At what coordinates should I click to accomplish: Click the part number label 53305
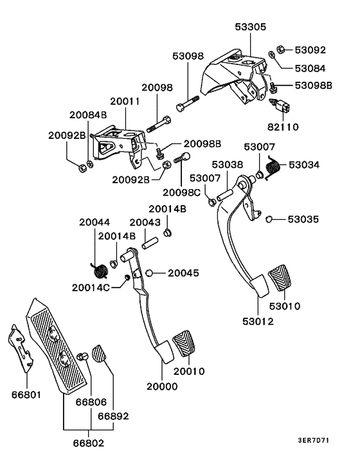(x=249, y=27)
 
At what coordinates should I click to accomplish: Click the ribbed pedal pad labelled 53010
(x=280, y=276)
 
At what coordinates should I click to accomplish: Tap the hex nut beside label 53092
(x=282, y=49)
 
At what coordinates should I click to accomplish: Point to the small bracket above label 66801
(x=21, y=350)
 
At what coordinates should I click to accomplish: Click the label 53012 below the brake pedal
(x=258, y=321)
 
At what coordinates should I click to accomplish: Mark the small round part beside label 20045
(x=149, y=273)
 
